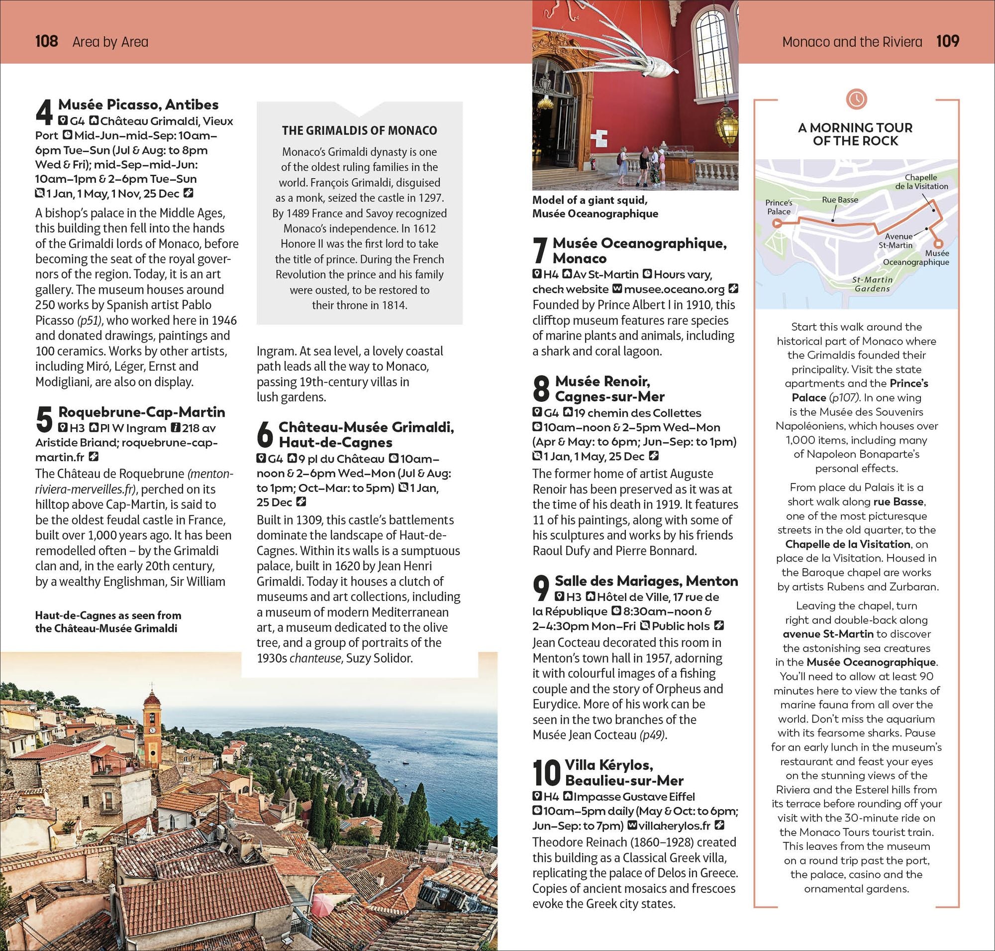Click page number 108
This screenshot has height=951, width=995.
pyautogui.click(x=46, y=41)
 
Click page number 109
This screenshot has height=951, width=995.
pyautogui.click(x=947, y=40)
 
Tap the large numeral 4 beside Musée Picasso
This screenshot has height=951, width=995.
pyautogui.click(x=44, y=112)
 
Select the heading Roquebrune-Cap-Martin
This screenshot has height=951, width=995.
pyautogui.click(x=141, y=412)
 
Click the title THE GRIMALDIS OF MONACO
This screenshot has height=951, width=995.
pyautogui.click(x=359, y=130)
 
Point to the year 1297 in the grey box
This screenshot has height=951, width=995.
pyautogui.click(x=430, y=198)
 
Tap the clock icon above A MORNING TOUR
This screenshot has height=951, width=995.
pyautogui.click(x=856, y=99)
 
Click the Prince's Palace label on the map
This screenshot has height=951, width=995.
pyautogui.click(x=779, y=207)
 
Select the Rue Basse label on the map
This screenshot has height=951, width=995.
pyautogui.click(x=839, y=200)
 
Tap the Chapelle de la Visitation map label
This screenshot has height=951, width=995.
pyautogui.click(x=921, y=181)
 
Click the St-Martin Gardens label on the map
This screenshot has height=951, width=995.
pyautogui.click(x=872, y=284)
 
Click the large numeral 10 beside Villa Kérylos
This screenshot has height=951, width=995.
pyautogui.click(x=547, y=773)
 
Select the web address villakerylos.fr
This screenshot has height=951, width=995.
pyautogui.click(x=674, y=826)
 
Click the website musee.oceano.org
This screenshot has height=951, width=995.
pyautogui.click(x=674, y=289)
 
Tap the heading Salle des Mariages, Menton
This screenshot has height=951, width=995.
pyautogui.click(x=646, y=581)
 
